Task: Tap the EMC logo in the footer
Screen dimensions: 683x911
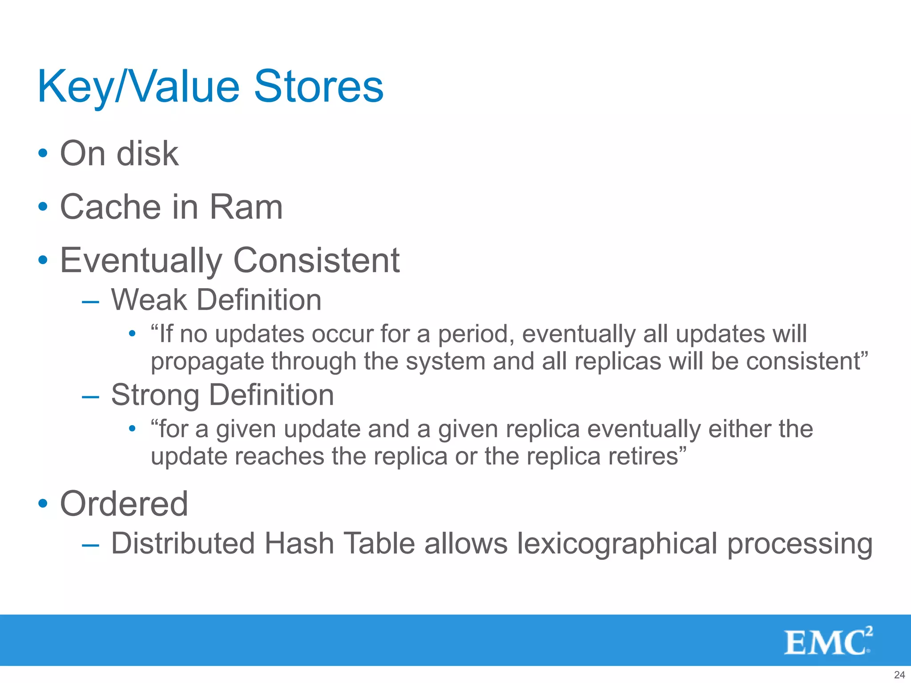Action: tap(828, 641)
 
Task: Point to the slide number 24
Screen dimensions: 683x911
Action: tap(899, 675)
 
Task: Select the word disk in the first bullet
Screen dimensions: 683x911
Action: tap(147, 154)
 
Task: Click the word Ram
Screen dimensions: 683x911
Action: tap(246, 207)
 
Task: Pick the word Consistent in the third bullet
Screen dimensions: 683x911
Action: tap(316, 261)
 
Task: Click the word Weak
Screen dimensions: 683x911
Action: tap(149, 300)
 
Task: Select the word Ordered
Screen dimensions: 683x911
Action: tap(124, 504)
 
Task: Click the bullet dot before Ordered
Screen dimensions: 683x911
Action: tap(43, 504)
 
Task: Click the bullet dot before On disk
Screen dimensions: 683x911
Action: tap(43, 154)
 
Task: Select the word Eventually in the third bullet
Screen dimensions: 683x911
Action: tap(141, 261)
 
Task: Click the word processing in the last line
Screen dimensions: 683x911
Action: tap(799, 544)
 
